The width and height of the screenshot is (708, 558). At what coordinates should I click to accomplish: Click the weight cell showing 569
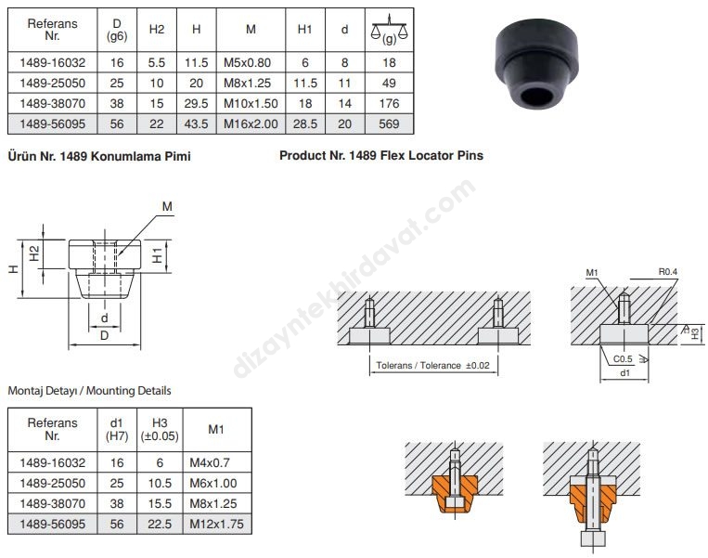[x=389, y=123]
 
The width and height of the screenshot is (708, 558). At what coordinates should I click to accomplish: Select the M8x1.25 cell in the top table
[x=247, y=84]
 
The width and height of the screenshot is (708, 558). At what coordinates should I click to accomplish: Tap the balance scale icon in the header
[x=389, y=29]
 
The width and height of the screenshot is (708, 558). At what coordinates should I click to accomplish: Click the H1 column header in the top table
[x=304, y=30]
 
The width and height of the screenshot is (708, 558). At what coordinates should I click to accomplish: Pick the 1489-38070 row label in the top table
[x=52, y=103]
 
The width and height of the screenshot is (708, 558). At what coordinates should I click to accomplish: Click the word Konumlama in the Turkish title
[x=119, y=156]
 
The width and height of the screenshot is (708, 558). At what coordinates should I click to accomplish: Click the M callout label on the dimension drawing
[x=167, y=206]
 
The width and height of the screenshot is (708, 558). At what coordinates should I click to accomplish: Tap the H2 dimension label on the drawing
[x=34, y=253]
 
